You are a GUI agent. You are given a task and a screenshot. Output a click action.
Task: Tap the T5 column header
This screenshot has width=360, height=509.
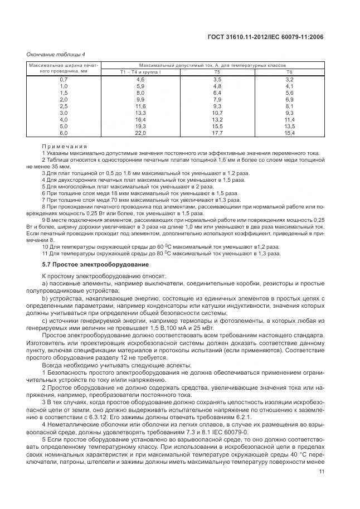coord(217,72)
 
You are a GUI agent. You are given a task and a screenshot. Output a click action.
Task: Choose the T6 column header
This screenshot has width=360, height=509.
coord(289,72)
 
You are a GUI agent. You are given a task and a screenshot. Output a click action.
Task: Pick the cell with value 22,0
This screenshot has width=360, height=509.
coord(140,133)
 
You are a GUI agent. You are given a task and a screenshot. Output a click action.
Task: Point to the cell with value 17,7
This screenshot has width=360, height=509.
coord(217,133)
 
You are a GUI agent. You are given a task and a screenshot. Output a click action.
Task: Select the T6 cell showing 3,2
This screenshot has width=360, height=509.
coord(289,80)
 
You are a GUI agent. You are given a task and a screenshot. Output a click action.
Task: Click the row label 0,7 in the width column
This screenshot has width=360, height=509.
coord(64,80)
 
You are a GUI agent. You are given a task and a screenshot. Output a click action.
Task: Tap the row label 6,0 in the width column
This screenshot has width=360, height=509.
coord(64,133)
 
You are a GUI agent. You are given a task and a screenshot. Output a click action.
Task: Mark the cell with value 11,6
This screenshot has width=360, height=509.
coord(140,106)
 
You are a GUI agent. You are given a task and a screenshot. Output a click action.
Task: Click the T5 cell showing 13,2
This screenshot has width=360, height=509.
coord(217,120)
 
